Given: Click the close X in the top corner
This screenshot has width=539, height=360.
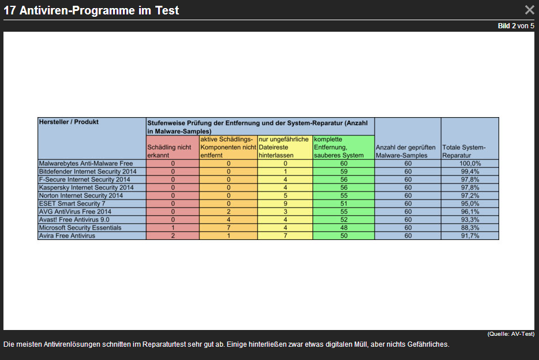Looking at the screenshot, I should pyautogui.click(x=529, y=10).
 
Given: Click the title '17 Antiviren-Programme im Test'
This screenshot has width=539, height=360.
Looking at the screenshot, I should pyautogui.click(x=91, y=10).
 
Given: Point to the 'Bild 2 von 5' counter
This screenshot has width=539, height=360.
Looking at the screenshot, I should pyautogui.click(x=516, y=26).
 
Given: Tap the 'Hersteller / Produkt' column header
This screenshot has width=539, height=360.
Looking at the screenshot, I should pyautogui.click(x=69, y=122).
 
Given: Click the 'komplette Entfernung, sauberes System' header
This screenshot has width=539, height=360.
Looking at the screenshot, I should pyautogui.click(x=343, y=148).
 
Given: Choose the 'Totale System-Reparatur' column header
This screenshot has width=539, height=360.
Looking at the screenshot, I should pyautogui.click(x=469, y=151).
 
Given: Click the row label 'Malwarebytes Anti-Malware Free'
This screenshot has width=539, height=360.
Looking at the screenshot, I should pyautogui.click(x=85, y=164).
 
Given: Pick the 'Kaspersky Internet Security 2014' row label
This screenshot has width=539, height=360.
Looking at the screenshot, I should pyautogui.click(x=86, y=187).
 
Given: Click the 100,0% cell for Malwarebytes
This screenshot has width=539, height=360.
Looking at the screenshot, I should pyautogui.click(x=470, y=164).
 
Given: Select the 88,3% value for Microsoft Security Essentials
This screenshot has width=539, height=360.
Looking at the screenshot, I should pyautogui.click(x=470, y=228).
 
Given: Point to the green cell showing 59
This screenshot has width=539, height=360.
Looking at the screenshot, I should pyautogui.click(x=343, y=172).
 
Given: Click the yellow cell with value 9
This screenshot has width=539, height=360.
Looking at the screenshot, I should pyautogui.click(x=285, y=204).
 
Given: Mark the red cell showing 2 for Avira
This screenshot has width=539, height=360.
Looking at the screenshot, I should pyautogui.click(x=173, y=236).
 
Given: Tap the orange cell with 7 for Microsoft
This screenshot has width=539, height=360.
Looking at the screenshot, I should pyautogui.click(x=228, y=228).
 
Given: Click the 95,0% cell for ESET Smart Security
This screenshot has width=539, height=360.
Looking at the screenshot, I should pyautogui.click(x=470, y=204).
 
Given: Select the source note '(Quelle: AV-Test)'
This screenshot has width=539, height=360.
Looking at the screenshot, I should pyautogui.click(x=511, y=334).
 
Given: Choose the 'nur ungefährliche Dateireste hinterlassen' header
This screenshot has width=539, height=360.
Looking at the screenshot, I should pyautogui.click(x=285, y=148).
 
